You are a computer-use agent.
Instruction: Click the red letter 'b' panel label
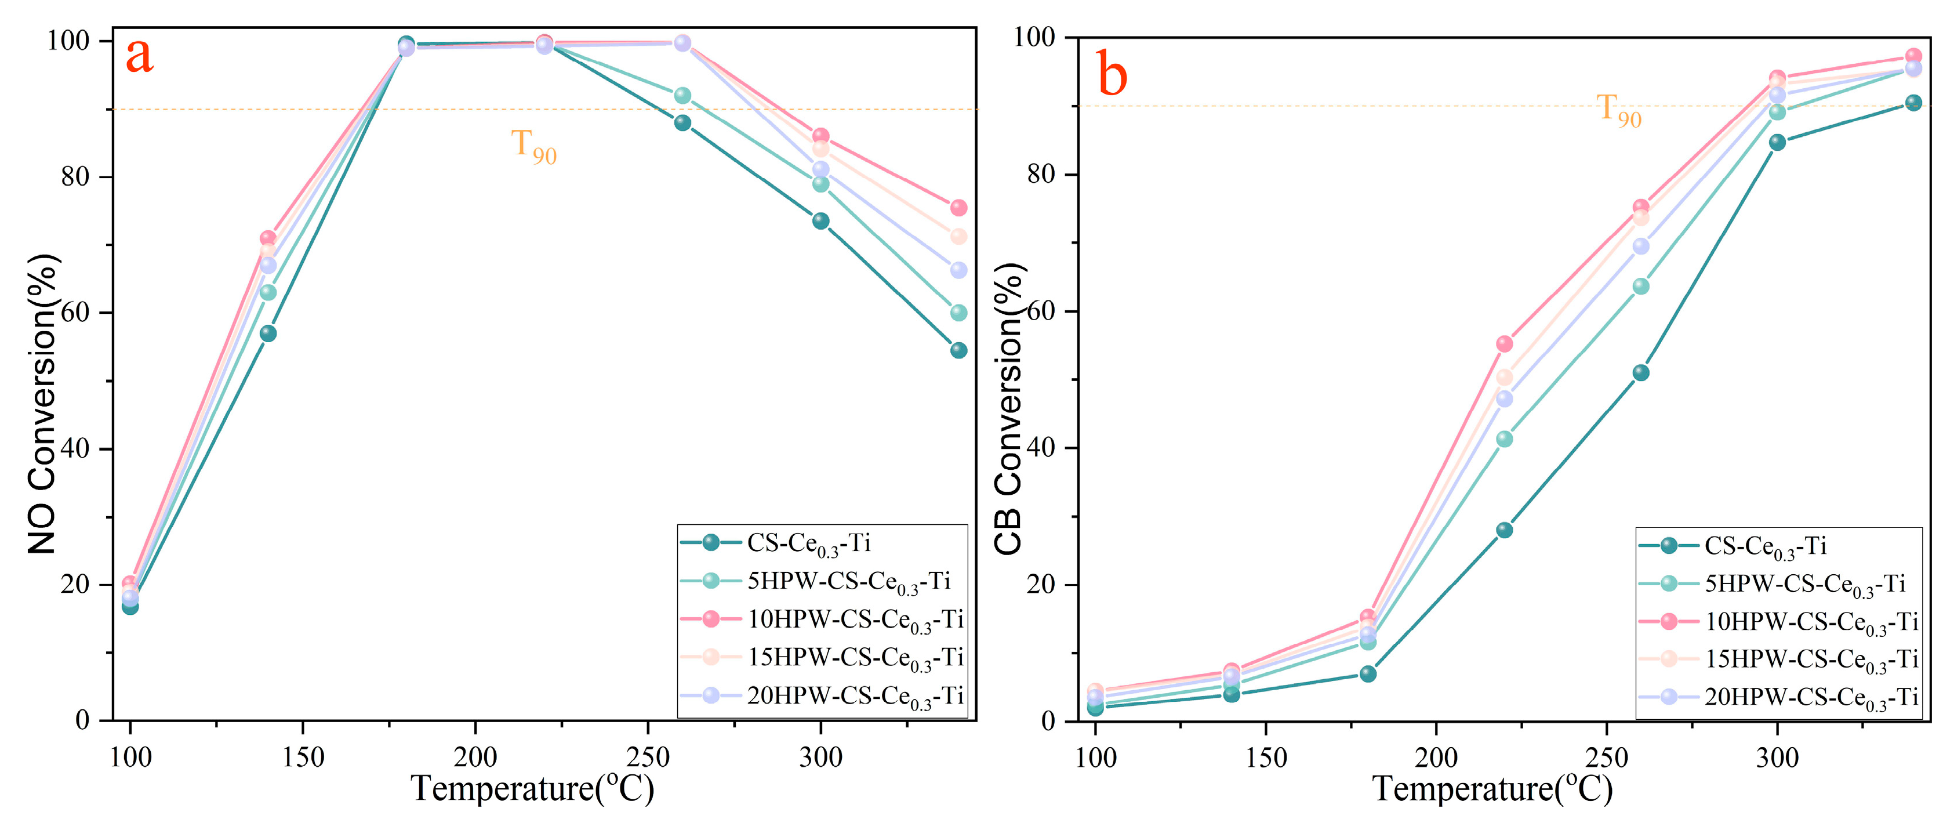pyautogui.click(x=1112, y=76)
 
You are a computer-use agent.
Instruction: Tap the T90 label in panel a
pyautogui.click(x=533, y=146)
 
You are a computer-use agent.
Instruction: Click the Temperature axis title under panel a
pyautogui.click(x=532, y=789)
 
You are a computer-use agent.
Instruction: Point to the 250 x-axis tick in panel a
pyautogui.click(x=647, y=757)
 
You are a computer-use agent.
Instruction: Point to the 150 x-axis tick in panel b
pyautogui.click(x=1265, y=757)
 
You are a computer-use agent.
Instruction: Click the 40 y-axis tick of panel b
pyautogui.click(x=1041, y=448)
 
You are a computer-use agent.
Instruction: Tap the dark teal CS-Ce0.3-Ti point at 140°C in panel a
pyautogui.click(x=268, y=333)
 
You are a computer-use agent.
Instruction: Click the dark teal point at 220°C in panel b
pyautogui.click(x=1504, y=530)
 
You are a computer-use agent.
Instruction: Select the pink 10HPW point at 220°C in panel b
pyautogui.click(x=1504, y=344)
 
